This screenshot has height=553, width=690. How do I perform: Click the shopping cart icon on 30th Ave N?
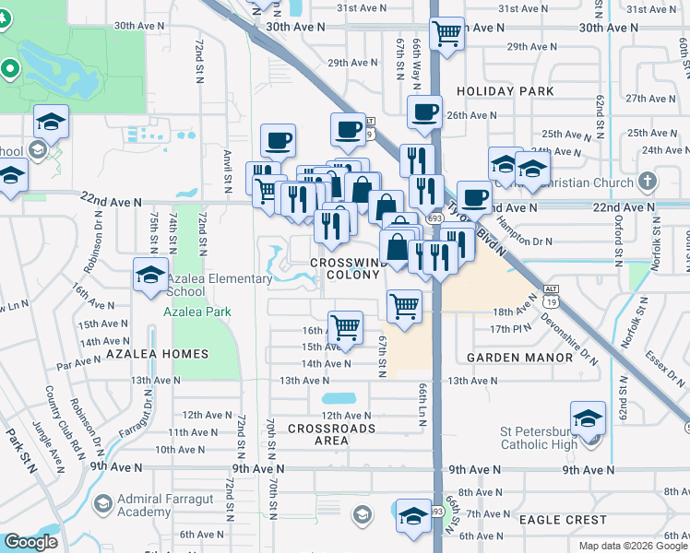pyautogui.click(x=447, y=34)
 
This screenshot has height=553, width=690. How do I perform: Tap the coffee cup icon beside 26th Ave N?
pyautogui.click(x=425, y=113)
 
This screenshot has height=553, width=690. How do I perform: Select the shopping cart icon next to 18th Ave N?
pyautogui.click(x=404, y=305)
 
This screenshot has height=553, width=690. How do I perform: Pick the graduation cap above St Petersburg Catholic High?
pyautogui.click(x=588, y=418)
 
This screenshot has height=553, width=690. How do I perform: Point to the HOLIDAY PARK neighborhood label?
pyautogui.click(x=506, y=91)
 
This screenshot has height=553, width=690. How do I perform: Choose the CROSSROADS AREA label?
pyautogui.click(x=331, y=434)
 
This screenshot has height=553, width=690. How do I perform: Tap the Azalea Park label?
pyautogui.click(x=197, y=312)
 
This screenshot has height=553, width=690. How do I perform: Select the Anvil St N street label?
pyautogui.click(x=226, y=166)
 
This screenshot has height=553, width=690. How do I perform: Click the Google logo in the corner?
pyautogui.click(x=30, y=543)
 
